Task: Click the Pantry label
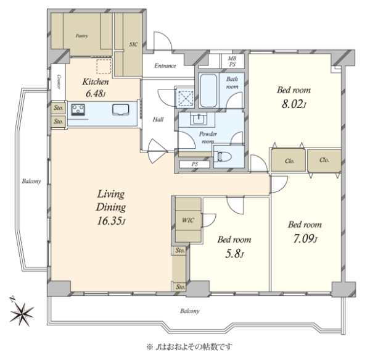pyautogui.click(x=82, y=36)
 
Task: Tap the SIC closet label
pyautogui.click(x=133, y=44)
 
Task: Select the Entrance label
pyautogui.click(x=165, y=65)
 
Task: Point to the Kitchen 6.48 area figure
pyautogui.click(x=96, y=94)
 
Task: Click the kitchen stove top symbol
pyautogui.click(x=78, y=110)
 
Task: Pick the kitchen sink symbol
pyautogui.click(x=121, y=109)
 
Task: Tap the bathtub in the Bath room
pyautogui.click(x=208, y=91)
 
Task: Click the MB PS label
pyautogui.click(x=232, y=61)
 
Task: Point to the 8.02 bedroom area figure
pyautogui.click(x=294, y=104)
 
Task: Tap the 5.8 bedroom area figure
pyautogui.click(x=234, y=254)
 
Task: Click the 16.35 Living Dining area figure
pyautogui.click(x=111, y=221)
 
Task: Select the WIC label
pyautogui.click(x=188, y=220)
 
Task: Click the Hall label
pyautogui.click(x=158, y=119)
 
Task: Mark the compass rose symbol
pyautogui.click(x=21, y=312)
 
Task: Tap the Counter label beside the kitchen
pyautogui.click(x=59, y=82)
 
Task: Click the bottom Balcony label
pyautogui.click(x=190, y=311)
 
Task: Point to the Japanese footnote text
pyautogui.click(x=189, y=347)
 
